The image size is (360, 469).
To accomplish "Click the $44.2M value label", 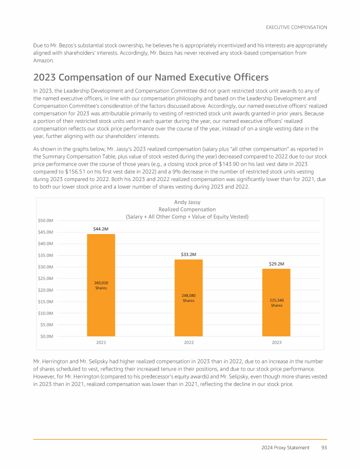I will pyautogui.click(x=101, y=228).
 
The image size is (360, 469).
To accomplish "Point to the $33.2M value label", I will pyautogui.click(x=188, y=254).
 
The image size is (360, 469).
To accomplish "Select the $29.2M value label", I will pyautogui.click(x=277, y=264).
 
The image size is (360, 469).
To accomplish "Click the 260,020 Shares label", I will pyautogui.click(x=101, y=285).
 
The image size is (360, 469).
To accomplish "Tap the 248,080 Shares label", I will pyautogui.click(x=188, y=298).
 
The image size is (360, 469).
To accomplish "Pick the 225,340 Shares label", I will pyautogui.click(x=277, y=303).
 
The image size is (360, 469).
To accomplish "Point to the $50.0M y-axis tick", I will pyautogui.click(x=45, y=220).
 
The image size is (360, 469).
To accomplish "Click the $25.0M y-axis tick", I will pyautogui.click(x=45, y=279).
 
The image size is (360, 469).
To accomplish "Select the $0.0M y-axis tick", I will pyautogui.click(x=45, y=336).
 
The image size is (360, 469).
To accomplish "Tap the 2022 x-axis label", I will pyautogui.click(x=188, y=343).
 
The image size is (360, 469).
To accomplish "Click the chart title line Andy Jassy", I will pyautogui.click(x=187, y=202).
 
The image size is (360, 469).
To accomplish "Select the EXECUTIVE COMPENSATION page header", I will pyautogui.click(x=296, y=28).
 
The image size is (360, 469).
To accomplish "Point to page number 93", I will pyautogui.click(x=324, y=447).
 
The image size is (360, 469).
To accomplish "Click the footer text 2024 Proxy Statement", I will pyautogui.click(x=285, y=447).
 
